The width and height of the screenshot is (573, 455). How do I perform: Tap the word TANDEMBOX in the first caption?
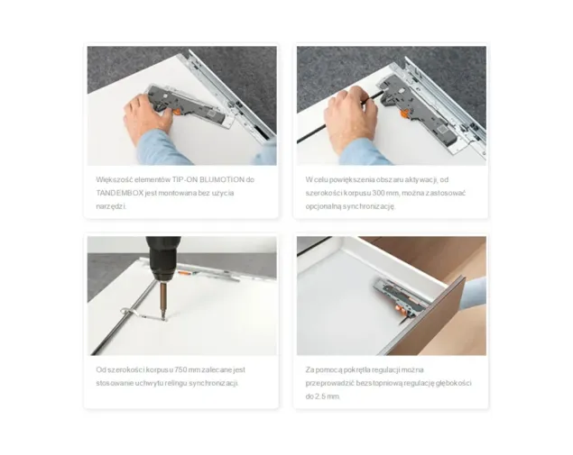point(120,193)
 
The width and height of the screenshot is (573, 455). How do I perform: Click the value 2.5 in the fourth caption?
point(320,396)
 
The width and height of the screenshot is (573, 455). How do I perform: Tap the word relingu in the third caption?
point(176,383)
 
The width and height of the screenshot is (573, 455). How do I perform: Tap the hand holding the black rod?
point(350,119)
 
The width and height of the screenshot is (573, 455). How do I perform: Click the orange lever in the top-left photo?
point(176,112)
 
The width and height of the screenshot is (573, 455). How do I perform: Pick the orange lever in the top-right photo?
point(404,114)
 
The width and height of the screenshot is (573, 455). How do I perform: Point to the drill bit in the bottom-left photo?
point(163,301)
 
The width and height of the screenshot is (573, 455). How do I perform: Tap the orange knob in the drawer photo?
point(402,310)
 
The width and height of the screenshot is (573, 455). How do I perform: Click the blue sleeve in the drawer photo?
point(474,291)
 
